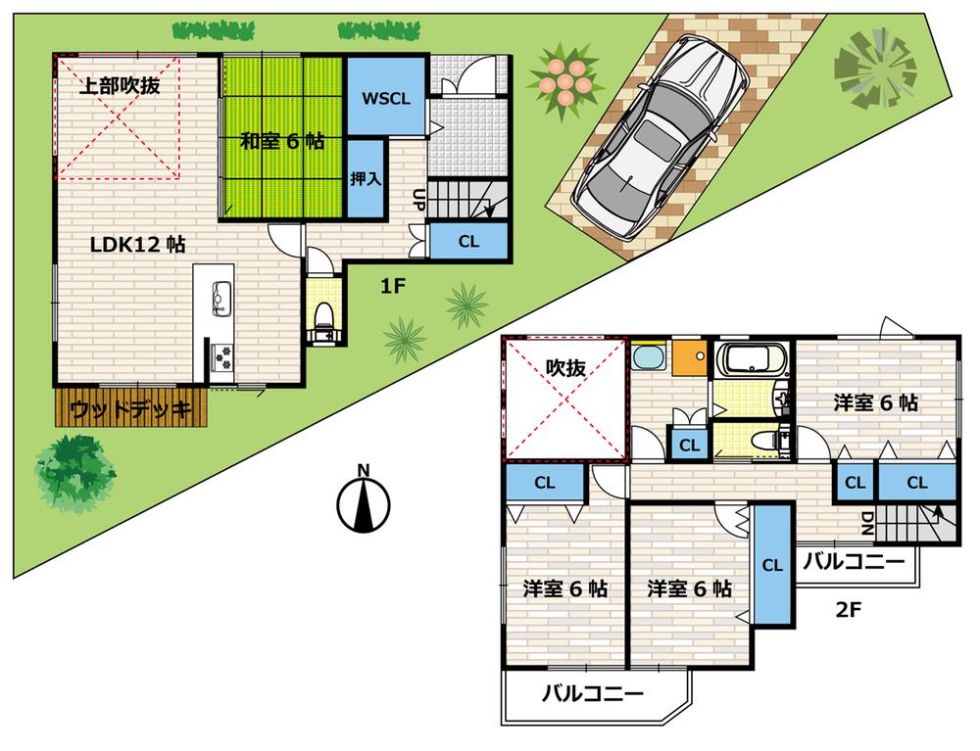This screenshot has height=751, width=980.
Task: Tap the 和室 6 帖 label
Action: (283, 140)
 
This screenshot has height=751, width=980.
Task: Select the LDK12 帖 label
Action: (138, 245)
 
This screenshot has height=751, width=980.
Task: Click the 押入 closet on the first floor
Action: (367, 178)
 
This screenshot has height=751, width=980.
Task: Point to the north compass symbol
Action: (363, 502)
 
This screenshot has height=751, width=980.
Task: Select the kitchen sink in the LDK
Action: (220, 295)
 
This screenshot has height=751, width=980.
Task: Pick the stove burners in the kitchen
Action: (221, 356)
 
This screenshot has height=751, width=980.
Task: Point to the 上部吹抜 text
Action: (120, 85)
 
